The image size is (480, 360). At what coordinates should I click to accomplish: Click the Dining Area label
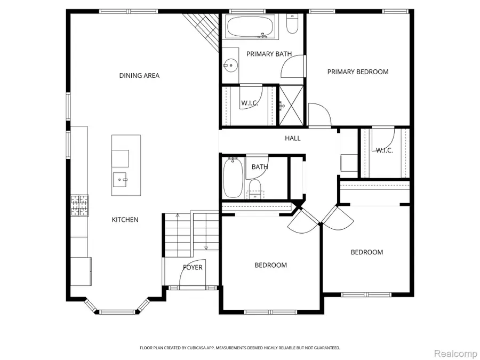tap(139, 76)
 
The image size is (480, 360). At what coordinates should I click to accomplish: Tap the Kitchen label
tap(125, 220)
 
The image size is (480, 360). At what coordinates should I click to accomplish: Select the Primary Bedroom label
tap(358, 72)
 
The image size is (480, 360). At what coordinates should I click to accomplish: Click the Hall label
tap(292, 138)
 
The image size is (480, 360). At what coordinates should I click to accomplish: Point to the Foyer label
tap(193, 267)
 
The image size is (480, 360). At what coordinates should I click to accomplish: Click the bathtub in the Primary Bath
tap(250, 27)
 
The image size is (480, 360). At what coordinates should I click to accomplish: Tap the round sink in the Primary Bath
tap(230, 66)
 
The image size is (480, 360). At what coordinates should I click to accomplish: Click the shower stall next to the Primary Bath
tap(291, 105)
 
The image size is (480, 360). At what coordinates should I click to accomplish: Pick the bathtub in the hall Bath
tap(233, 178)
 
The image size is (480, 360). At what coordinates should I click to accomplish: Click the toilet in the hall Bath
tap(255, 188)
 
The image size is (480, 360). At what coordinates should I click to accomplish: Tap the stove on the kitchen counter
tap(79, 206)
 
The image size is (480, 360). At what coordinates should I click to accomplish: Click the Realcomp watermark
tap(453, 354)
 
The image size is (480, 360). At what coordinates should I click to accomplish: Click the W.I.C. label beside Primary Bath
tap(250, 103)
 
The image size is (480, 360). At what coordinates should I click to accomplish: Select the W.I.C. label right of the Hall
tap(384, 150)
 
